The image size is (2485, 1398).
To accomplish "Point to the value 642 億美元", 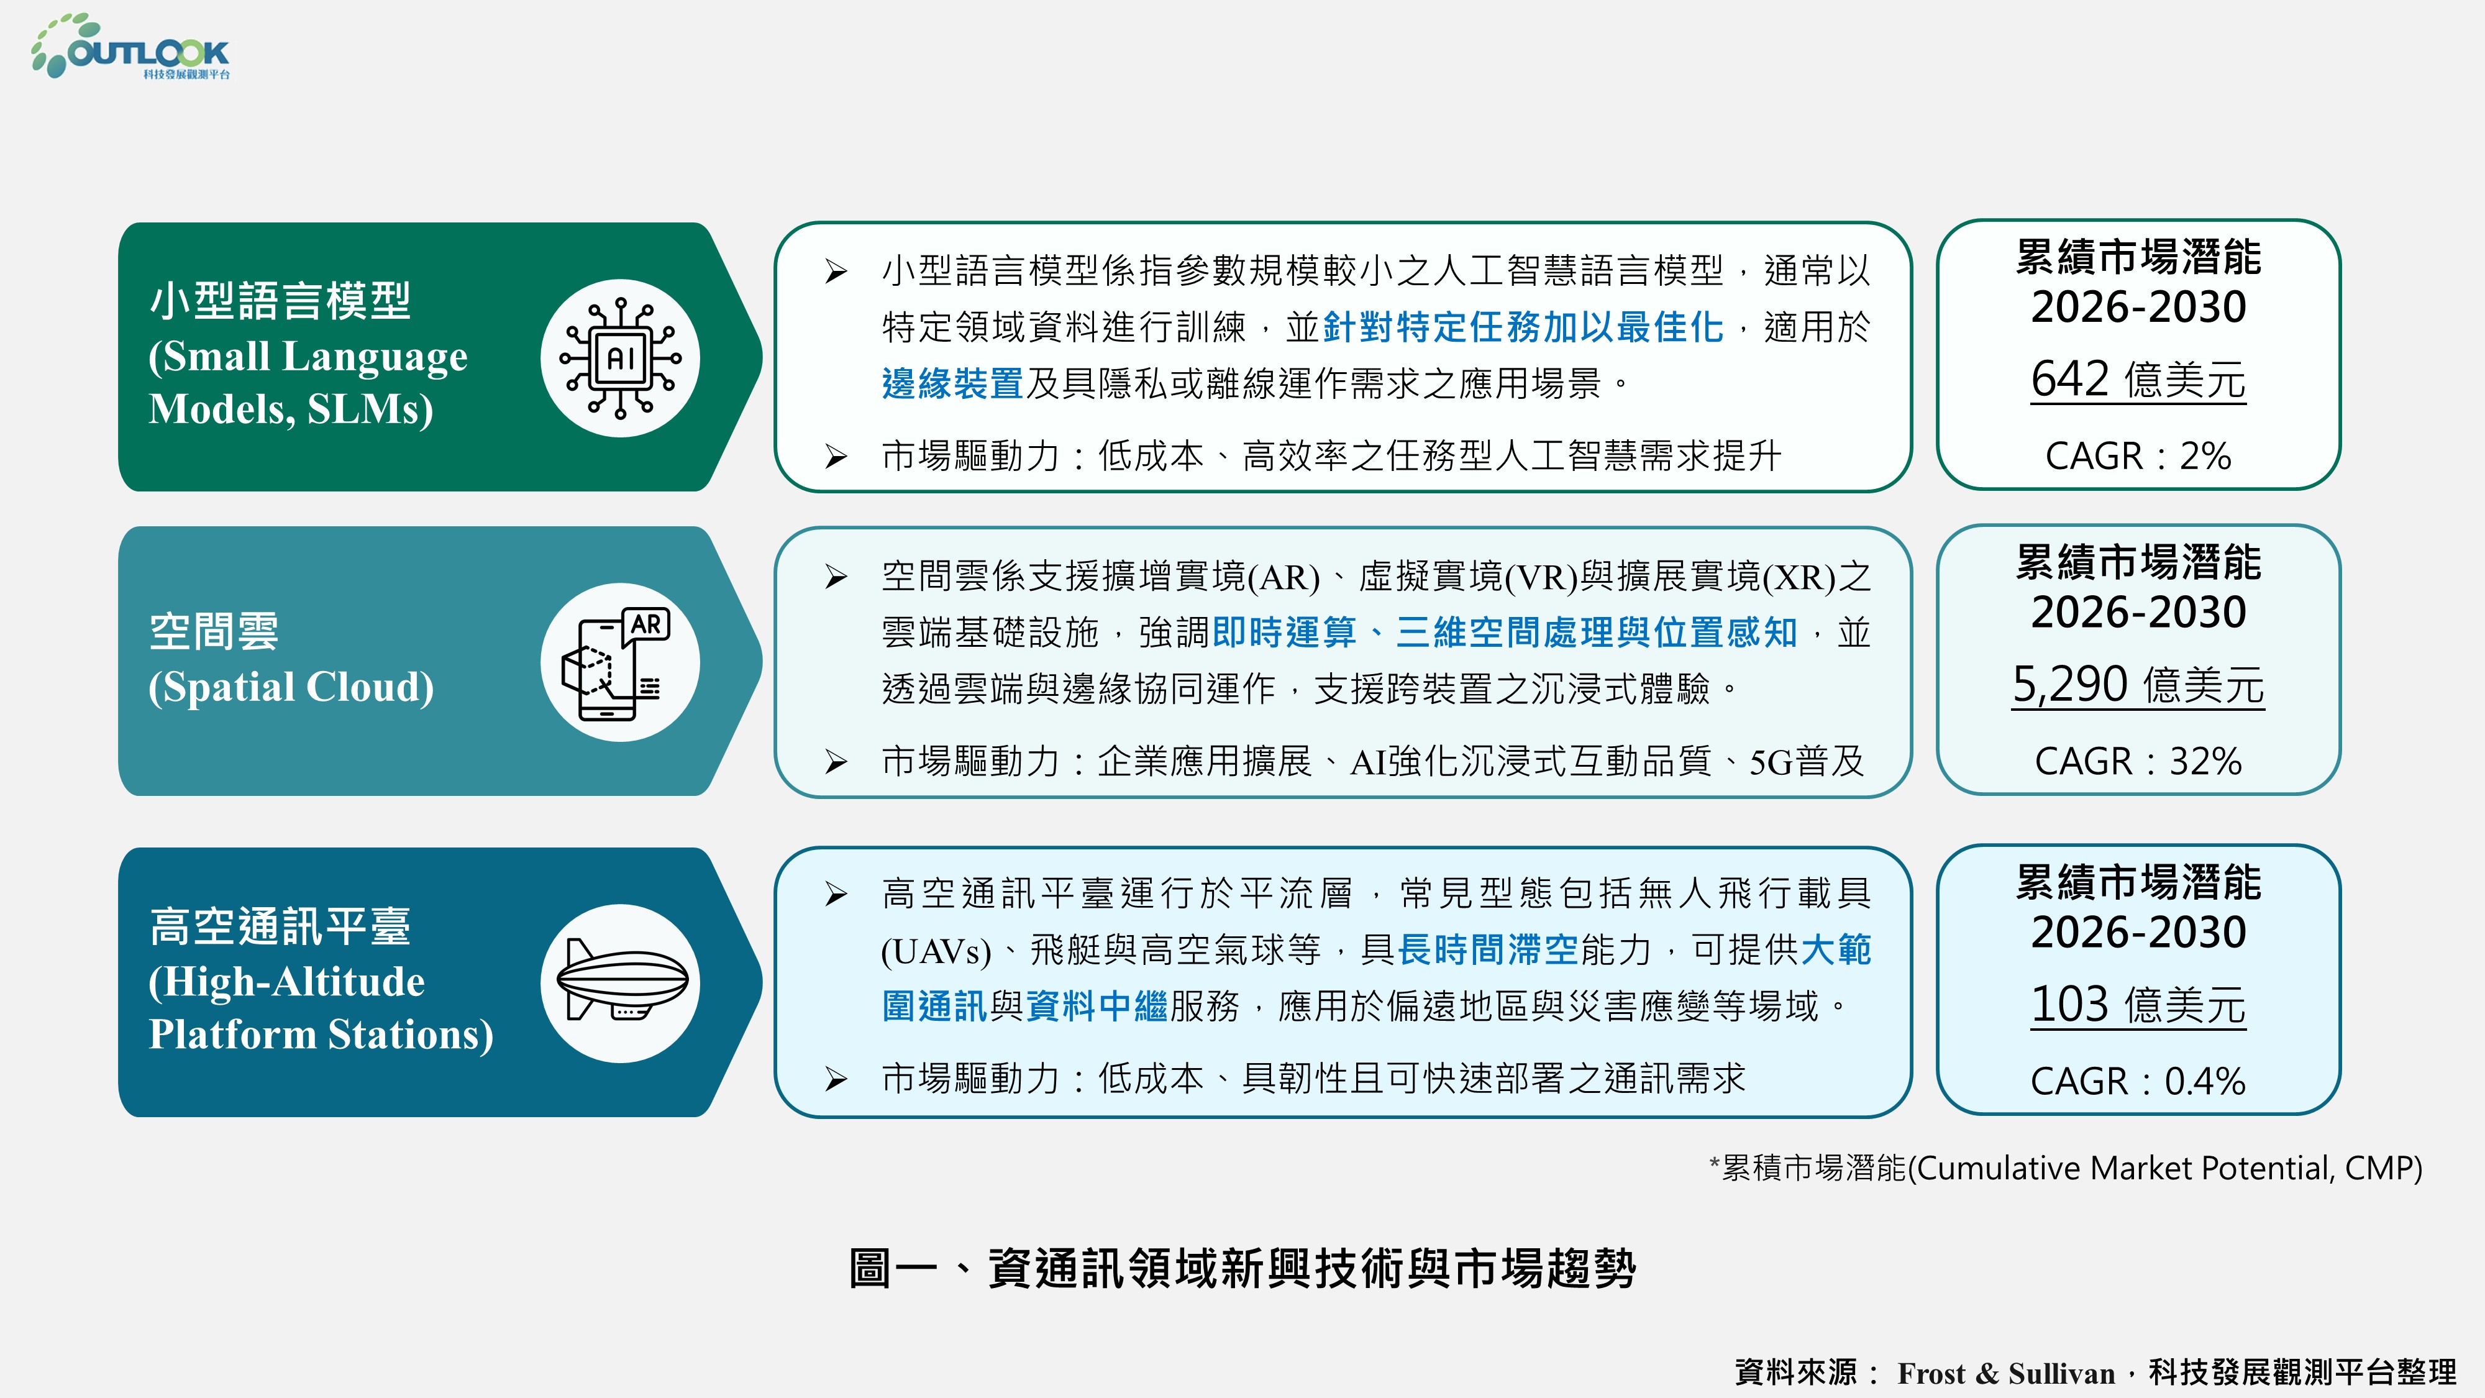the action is point(2138,378).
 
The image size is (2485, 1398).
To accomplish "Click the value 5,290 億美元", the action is point(2138,684).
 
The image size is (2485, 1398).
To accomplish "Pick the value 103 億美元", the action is point(2138,1004).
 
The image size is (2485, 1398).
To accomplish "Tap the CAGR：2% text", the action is point(2138,455).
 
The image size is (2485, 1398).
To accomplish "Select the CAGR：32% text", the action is point(2138,761).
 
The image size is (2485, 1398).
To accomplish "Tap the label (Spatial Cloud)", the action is point(291,687).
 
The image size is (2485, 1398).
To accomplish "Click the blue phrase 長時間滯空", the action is point(1487,951).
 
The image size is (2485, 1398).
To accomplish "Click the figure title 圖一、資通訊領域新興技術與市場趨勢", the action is point(1242,1268).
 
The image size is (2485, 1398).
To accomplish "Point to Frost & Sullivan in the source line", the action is point(2005,1373).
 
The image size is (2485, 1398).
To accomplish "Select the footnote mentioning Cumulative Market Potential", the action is point(2066,1168).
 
